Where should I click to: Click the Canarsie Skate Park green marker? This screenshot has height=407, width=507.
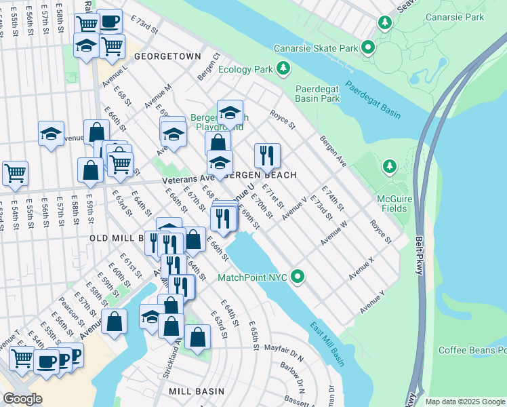(x=368, y=47)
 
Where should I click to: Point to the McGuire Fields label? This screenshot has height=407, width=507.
(x=394, y=203)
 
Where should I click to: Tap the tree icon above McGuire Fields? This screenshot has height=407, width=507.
(x=389, y=166)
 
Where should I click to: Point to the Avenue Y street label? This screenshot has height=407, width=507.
(x=373, y=302)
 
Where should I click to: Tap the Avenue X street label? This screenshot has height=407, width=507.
(x=362, y=269)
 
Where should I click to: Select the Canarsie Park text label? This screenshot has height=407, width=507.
(x=455, y=17)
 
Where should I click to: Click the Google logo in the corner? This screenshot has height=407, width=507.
(x=22, y=399)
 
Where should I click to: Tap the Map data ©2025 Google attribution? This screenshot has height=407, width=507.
(x=464, y=402)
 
